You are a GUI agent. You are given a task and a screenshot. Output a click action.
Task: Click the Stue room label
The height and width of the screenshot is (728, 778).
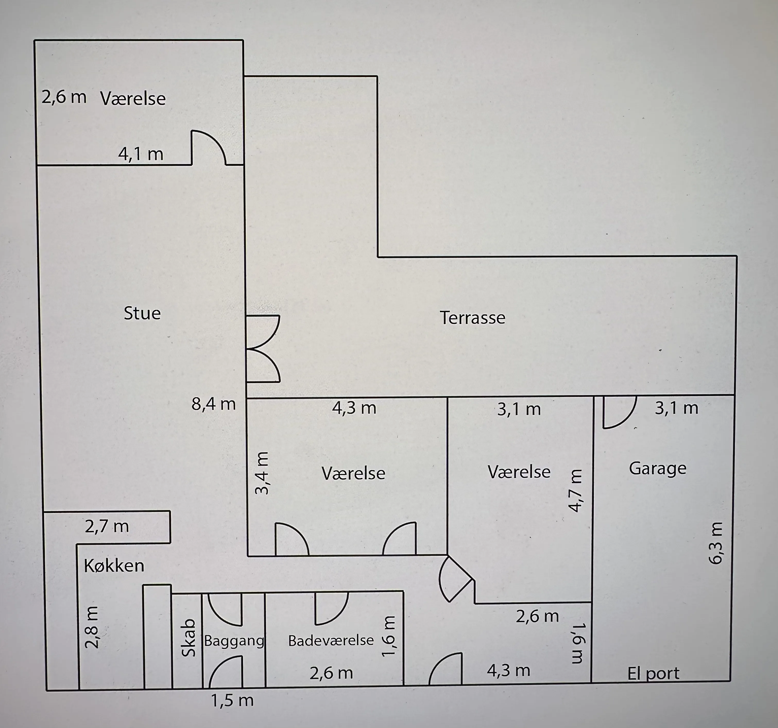click(x=142, y=313)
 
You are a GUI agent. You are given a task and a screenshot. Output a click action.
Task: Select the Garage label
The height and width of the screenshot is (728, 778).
click(x=657, y=468)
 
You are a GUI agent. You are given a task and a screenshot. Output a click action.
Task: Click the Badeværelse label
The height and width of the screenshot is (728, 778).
click(x=331, y=640)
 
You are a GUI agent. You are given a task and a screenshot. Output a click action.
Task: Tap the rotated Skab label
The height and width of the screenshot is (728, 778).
click(x=189, y=638)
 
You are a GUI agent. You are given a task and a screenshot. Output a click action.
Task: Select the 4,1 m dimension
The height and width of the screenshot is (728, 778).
click(x=141, y=154)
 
